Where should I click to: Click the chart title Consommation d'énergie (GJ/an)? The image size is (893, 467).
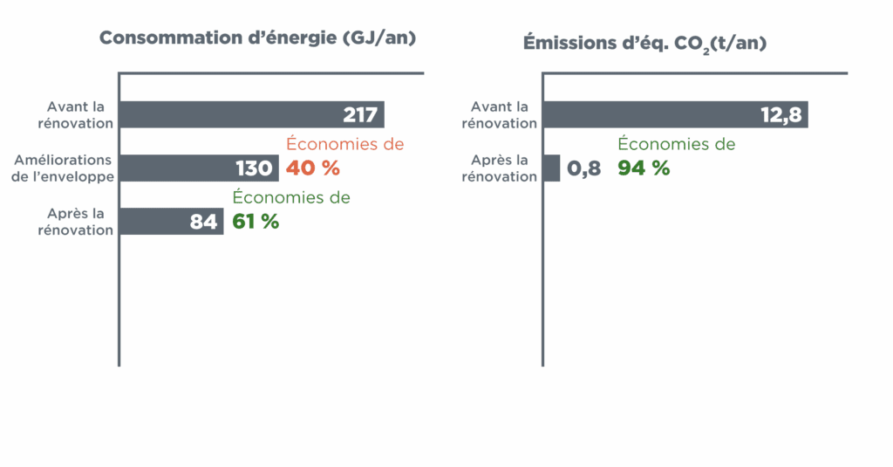click(x=257, y=38)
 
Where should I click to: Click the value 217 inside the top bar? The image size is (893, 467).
click(x=360, y=115)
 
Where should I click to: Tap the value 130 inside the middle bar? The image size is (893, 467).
click(x=254, y=168)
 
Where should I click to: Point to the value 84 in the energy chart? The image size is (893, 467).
click(x=203, y=222)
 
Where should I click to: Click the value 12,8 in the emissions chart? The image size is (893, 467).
click(x=781, y=115)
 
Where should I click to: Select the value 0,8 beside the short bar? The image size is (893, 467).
click(x=584, y=168)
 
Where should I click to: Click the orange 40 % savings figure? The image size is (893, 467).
click(x=313, y=168)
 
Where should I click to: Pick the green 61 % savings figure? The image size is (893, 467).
click(x=256, y=222)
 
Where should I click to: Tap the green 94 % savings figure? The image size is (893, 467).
click(x=644, y=168)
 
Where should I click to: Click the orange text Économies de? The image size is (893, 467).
click(x=345, y=144)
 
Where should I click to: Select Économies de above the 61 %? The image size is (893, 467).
click(x=291, y=197)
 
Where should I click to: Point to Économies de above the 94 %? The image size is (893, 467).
click(x=677, y=144)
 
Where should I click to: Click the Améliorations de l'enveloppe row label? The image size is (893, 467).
click(x=64, y=168)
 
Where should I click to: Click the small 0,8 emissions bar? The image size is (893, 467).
click(x=552, y=168)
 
